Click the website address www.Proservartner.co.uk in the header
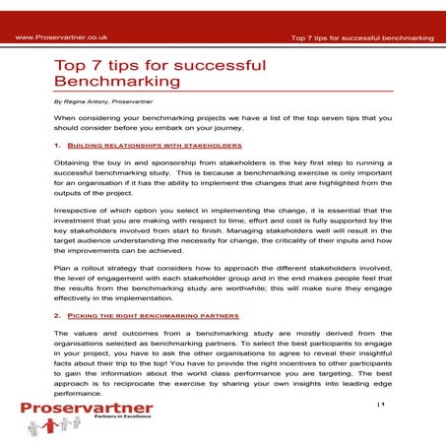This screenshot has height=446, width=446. click(x=58, y=36)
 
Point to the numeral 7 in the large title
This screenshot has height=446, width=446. click(x=104, y=64)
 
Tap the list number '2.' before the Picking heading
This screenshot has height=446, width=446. click(x=57, y=316)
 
